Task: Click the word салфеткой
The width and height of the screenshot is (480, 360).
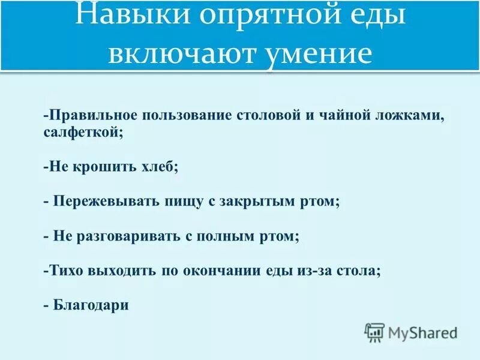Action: tap(83, 133)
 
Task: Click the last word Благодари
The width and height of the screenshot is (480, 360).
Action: tap(91, 304)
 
